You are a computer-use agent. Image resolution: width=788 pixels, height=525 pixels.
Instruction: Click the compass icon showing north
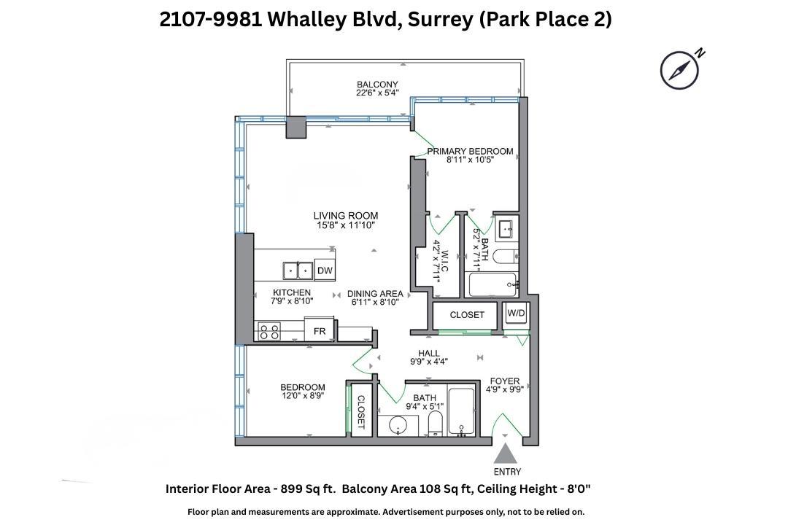[x=680, y=71]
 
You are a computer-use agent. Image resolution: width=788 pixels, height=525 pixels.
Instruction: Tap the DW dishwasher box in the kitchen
[x=325, y=271]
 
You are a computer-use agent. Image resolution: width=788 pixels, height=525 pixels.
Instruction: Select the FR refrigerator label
[x=320, y=331]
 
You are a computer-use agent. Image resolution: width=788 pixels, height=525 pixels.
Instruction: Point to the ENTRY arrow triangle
[x=507, y=454]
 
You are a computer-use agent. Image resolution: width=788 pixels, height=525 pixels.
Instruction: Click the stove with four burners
[x=269, y=332]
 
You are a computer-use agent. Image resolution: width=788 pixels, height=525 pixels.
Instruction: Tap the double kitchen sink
[x=298, y=271]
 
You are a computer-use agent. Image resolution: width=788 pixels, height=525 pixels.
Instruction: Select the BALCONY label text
[x=377, y=85]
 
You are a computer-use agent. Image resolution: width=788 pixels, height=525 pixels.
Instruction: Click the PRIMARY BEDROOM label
[x=470, y=152]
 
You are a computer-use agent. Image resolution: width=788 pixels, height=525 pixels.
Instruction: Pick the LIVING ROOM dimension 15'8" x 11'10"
[x=345, y=226]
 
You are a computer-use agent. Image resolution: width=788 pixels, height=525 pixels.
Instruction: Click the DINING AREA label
[x=375, y=294]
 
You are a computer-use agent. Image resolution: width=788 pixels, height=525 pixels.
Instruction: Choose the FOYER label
[x=504, y=381]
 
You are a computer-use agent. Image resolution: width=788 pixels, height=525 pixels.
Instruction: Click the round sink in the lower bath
[x=398, y=425]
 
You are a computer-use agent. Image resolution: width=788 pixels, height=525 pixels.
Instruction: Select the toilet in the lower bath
[x=435, y=424]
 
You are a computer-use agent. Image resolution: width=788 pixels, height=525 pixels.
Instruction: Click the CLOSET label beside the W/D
[x=466, y=315]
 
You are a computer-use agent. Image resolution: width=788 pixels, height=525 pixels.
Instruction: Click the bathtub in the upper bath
[x=493, y=284]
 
